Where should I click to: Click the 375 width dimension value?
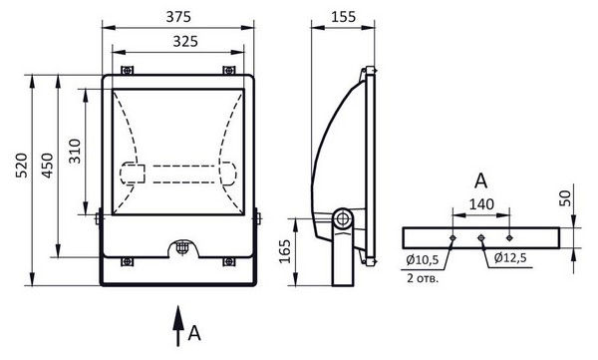point(178,17)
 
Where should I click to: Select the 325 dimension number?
point(185,41)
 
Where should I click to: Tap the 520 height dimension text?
point(22,166)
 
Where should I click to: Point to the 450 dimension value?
point(47,166)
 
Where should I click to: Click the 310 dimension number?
point(75,152)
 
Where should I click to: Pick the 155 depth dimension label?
point(343,17)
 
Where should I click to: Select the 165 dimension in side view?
point(284,251)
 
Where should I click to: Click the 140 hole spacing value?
point(481,204)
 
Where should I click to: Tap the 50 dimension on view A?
point(565,198)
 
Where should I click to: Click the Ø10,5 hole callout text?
point(423,260)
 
